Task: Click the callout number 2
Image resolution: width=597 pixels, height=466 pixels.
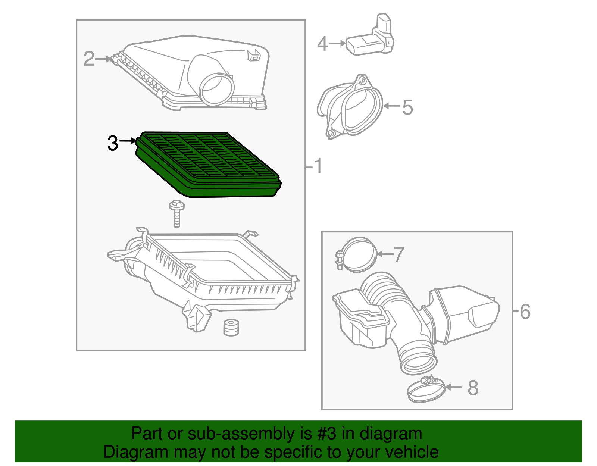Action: click(89, 59)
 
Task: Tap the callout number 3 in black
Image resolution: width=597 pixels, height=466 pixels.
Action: click(112, 143)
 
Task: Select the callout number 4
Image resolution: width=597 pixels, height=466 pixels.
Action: click(322, 44)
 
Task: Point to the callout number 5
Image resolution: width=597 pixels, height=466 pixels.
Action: click(407, 107)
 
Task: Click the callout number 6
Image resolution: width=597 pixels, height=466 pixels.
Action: click(525, 312)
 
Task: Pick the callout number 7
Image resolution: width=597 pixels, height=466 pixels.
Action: click(399, 254)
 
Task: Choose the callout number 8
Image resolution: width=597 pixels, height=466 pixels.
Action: click(473, 388)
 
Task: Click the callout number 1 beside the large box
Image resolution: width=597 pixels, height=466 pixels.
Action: click(318, 166)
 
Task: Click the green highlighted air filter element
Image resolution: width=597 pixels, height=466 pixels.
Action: click(209, 164)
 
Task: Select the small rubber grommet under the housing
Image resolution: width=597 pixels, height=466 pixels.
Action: click(231, 328)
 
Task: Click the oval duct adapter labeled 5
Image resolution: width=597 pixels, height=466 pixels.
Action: click(351, 106)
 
